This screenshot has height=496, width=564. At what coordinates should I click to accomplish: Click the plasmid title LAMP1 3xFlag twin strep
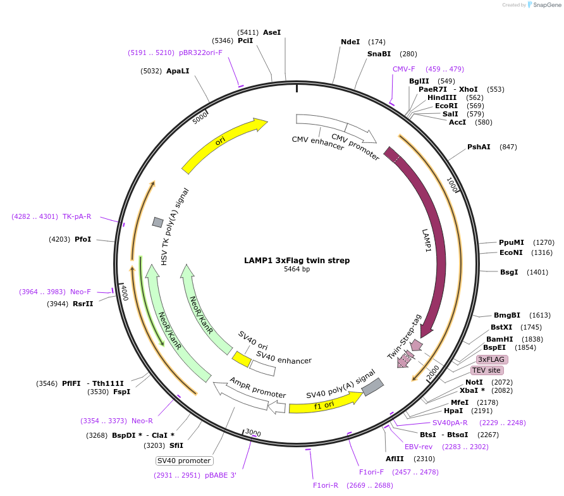[x=297, y=260]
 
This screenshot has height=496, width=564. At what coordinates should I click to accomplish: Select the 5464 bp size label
[x=297, y=269]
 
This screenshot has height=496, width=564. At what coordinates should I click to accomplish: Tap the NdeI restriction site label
[x=350, y=42]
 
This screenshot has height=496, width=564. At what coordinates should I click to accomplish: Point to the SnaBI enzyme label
[x=379, y=54]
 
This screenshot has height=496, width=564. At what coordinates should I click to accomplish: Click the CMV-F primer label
[x=403, y=69]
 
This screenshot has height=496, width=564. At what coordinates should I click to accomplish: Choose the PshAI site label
[x=479, y=147]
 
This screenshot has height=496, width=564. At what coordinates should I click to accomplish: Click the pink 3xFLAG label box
[x=491, y=359]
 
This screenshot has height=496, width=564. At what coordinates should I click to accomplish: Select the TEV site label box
[x=486, y=370]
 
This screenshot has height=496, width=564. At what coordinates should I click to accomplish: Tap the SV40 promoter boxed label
[x=185, y=461]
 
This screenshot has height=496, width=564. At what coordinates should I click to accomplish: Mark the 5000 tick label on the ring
[x=200, y=118]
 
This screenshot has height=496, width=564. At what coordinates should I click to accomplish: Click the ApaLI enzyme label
[x=178, y=71]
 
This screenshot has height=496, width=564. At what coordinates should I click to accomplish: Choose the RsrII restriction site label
[x=82, y=304]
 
